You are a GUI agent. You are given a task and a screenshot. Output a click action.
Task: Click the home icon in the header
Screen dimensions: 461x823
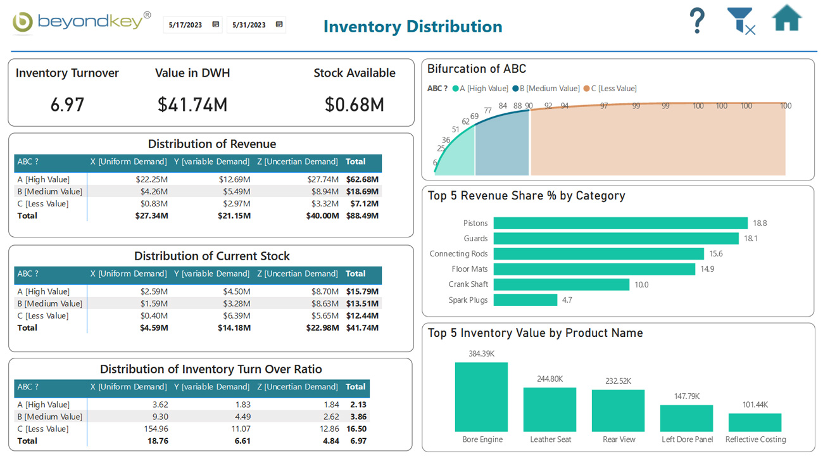pyautogui.click(x=787, y=19)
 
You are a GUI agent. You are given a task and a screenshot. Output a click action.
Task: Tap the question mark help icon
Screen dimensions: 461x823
pyautogui.click(x=697, y=21)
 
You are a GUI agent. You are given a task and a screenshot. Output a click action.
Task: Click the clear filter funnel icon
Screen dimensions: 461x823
pyautogui.click(x=741, y=21)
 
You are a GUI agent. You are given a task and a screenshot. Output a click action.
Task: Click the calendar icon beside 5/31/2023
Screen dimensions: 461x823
pyautogui.click(x=279, y=25)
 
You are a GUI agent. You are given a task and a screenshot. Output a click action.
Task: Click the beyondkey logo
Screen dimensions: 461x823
pyautogui.click(x=82, y=22)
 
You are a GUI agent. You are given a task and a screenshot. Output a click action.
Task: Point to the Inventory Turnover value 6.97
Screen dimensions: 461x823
pyautogui.click(x=67, y=104)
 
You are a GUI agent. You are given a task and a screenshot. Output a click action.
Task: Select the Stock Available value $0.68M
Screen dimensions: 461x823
pyautogui.click(x=354, y=104)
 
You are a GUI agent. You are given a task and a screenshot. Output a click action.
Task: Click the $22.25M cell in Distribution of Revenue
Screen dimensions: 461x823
pyautogui.click(x=151, y=180)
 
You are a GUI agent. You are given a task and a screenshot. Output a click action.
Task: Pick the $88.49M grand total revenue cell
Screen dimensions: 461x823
pyautogui.click(x=362, y=216)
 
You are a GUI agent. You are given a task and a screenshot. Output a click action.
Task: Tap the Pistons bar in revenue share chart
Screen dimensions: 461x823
pyautogui.click(x=620, y=224)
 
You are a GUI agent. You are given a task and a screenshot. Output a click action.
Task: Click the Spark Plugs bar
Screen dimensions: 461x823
pyautogui.click(x=525, y=300)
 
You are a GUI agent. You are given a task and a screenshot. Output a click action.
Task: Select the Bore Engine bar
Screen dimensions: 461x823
pyautogui.click(x=481, y=397)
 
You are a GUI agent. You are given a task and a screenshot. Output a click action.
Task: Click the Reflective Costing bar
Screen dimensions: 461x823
pyautogui.click(x=755, y=422)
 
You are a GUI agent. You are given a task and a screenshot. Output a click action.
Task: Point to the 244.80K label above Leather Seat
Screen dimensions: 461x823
pyautogui.click(x=550, y=379)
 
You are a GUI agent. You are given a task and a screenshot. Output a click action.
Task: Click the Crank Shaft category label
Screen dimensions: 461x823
pyautogui.click(x=468, y=285)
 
